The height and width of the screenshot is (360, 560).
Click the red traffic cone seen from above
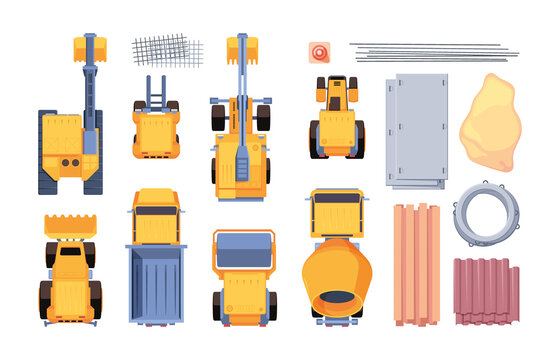point(320,52)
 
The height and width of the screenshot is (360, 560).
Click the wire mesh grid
point(165,50)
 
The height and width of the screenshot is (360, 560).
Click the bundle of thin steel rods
point(433,51)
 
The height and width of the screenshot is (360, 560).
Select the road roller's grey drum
point(243,250)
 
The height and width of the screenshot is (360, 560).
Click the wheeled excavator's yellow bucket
point(241,46)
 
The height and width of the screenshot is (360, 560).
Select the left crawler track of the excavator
point(47,150)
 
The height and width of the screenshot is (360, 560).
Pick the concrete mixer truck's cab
point(336,212)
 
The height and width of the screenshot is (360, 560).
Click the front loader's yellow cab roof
point(70,266)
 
